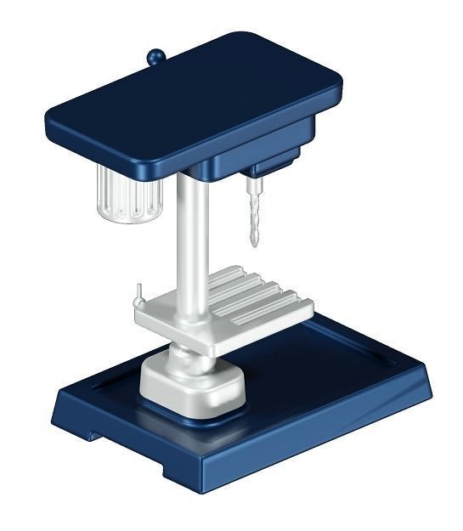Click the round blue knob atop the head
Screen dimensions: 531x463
pos(155,57)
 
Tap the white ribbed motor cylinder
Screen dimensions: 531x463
pos(127,194)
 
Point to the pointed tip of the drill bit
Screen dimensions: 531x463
pos(252,246)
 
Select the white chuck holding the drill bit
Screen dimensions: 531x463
pos(253,184)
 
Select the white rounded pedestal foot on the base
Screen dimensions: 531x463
pos(192,387)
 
